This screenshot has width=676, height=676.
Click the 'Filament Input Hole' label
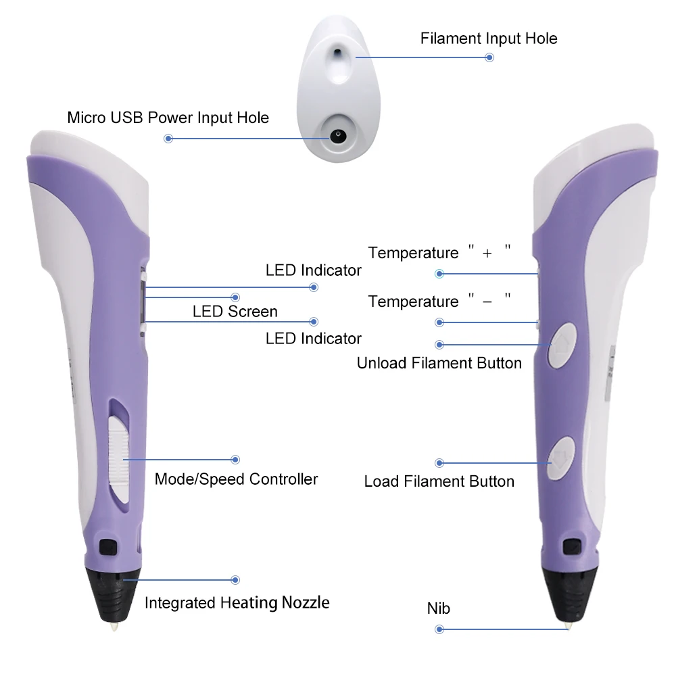pos(489,38)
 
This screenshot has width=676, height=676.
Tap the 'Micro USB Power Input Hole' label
pos(168,118)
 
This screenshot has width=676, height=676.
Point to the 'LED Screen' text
pos(235,312)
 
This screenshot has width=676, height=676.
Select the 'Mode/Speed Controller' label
pos(236,479)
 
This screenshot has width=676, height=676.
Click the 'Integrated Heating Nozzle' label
pos(237,602)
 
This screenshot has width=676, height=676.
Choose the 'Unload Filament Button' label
pos(439,363)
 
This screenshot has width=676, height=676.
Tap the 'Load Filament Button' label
pos(439,481)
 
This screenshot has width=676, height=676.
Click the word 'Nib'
pos(438,608)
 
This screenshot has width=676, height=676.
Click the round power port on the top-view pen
pos(337,135)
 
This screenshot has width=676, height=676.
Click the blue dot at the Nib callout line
pos(439,629)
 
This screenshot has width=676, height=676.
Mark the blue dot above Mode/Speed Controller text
pos(236,459)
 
